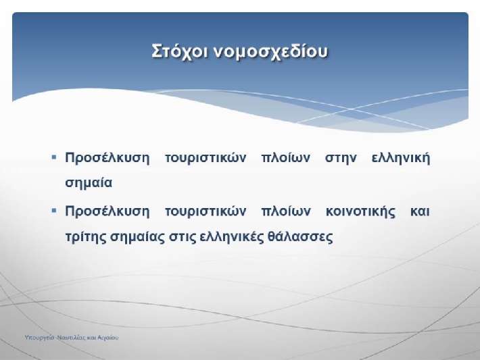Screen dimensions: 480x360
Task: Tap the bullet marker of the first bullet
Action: click(x=54, y=157)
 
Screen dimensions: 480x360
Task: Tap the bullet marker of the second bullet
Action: click(x=54, y=211)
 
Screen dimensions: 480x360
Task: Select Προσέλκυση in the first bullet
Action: click(x=107, y=158)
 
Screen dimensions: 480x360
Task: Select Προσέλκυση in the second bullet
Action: click(x=107, y=211)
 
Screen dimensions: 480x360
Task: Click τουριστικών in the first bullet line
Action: click(x=206, y=159)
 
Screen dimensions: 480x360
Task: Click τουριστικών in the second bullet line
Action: click(x=206, y=212)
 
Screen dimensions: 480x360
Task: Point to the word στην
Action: click(x=341, y=159)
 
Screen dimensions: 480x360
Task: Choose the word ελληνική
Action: click(x=401, y=159)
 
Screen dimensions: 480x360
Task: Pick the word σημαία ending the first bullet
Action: click(x=89, y=183)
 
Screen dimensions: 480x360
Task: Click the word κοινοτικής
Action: click(x=360, y=212)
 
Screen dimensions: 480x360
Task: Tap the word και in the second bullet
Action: click(x=420, y=211)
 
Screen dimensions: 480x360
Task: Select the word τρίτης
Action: click(x=85, y=237)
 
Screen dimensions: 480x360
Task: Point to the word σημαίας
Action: click(x=137, y=237)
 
